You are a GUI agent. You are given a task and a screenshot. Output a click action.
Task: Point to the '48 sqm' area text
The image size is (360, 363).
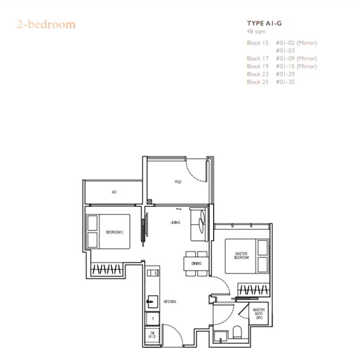pyautogui.click(x=256, y=31)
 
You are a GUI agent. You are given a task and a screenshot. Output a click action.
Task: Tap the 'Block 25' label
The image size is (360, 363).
pyautogui.click(x=257, y=82)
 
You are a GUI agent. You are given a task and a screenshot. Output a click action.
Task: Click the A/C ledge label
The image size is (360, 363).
pyautogui.click(x=114, y=192)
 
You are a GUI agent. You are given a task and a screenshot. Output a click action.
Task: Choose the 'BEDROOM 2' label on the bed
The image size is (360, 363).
pyautogui.click(x=114, y=232)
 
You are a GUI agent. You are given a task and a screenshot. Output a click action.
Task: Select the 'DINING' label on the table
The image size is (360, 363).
pyautogui.click(x=196, y=263)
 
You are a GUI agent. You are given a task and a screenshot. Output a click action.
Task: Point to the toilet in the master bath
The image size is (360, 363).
pyautogui.click(x=238, y=333)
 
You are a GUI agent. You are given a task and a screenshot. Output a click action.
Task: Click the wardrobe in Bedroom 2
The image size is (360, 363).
pyautogui.click(x=108, y=269)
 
